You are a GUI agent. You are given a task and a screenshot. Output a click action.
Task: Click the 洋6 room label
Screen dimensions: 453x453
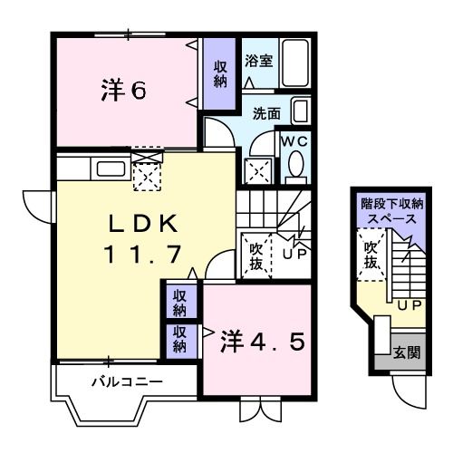coord(124,92)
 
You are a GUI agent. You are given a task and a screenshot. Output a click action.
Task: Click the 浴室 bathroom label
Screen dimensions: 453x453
coord(259,62)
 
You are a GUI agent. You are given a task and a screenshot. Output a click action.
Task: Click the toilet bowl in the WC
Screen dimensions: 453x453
coord(294,167)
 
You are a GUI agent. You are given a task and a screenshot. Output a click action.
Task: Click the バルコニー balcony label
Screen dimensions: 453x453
coord(127,381)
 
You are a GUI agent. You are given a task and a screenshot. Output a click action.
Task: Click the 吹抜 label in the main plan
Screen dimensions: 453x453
coord(255,255)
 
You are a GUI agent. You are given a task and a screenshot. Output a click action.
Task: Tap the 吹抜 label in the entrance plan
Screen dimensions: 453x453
coord(371,255)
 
